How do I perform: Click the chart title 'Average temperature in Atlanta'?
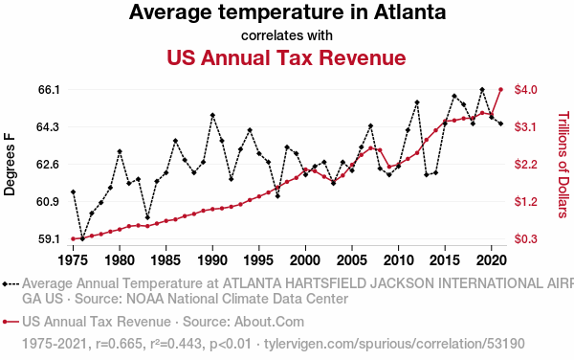point(287,12)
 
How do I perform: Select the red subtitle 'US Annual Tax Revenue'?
point(286,57)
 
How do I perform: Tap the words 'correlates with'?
point(287,35)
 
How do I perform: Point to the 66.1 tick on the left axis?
point(49,89)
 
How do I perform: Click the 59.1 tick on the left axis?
point(49,239)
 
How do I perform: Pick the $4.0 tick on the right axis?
point(525,89)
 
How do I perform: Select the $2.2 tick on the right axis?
point(525,164)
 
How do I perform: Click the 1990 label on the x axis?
point(212,260)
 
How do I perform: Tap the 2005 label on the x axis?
point(352,260)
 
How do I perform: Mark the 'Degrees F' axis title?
point(10,165)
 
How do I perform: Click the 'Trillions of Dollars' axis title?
point(563,165)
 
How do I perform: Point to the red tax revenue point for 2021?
point(500,89)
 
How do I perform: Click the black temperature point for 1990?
point(212,115)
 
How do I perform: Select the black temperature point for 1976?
point(82,238)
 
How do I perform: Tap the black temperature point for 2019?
point(482,89)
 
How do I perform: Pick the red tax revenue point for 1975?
point(73,238)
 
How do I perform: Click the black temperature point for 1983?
point(147,217)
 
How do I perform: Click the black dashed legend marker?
point(11,284)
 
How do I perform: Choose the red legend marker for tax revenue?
point(11,322)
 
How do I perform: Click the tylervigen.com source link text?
point(394,344)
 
